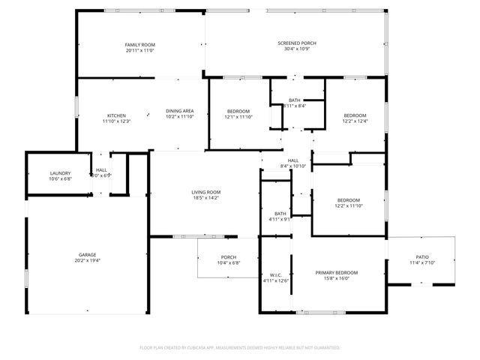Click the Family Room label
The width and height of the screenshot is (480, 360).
(x=139, y=46)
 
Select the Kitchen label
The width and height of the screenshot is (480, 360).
(x=116, y=115)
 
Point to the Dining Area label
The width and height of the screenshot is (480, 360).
(x=179, y=111)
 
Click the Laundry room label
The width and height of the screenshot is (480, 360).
(x=60, y=173)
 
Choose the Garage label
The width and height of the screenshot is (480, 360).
(x=87, y=255)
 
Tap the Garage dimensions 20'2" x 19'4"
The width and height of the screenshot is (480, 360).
(x=87, y=261)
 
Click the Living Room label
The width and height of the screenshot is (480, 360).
(x=204, y=192)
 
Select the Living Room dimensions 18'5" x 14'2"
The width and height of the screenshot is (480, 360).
(x=204, y=198)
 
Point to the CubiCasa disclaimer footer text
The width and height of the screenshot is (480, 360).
(x=240, y=348)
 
